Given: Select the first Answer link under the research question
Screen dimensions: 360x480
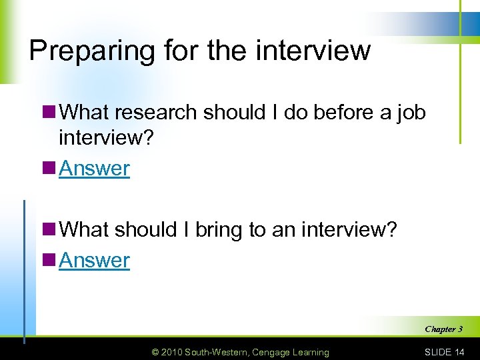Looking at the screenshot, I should [94, 169].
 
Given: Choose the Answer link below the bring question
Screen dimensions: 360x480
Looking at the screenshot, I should [94, 261].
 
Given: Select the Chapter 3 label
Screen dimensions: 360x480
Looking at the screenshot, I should [443, 329].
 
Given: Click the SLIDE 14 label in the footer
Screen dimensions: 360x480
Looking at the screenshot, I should [444, 352].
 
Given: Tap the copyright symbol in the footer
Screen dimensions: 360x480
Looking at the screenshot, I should [155, 352].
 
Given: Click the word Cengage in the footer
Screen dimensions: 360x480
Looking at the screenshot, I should [272, 352].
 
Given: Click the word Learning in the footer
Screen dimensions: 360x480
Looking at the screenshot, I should [311, 352].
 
